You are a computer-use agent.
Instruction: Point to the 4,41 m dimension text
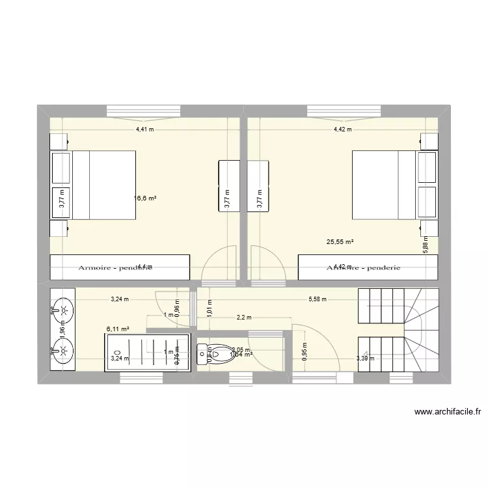pos(144,129)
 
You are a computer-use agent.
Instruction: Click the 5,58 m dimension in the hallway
pos(317,299)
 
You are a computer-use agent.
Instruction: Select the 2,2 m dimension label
pos(244,318)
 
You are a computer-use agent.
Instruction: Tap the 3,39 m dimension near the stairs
pos(365,357)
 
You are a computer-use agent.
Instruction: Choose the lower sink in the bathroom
pos(63,352)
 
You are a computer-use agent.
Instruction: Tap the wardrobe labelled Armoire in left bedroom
pos(120,266)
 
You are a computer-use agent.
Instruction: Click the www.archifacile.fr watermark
pos(446,412)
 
